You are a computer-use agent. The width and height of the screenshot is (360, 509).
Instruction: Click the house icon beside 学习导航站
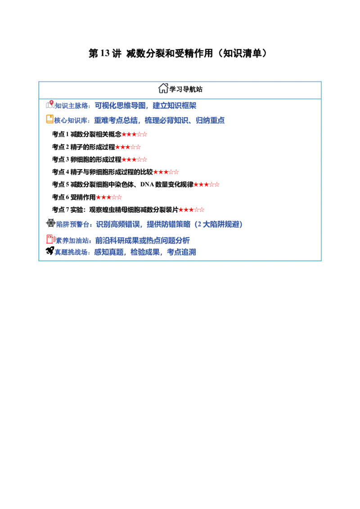pos(163,88)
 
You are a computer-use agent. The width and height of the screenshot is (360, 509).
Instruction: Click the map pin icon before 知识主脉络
pos(50,104)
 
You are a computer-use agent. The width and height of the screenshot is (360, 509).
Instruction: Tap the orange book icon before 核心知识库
pos(49,119)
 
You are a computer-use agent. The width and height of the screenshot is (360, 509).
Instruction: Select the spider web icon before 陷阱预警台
pos(51,223)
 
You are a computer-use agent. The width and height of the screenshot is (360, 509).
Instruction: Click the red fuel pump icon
pos(50,239)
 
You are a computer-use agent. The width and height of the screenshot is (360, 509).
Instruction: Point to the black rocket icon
pos(49,250)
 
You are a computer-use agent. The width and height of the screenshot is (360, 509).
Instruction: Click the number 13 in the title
pos(105,53)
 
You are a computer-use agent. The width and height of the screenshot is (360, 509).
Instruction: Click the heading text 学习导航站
pos(186,89)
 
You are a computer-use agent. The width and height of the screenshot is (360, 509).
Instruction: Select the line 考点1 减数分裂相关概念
pos(87,134)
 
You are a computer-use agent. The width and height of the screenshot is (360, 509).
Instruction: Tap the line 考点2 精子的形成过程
pos(84,147)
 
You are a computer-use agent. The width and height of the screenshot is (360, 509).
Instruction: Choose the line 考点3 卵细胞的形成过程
pos(87,159)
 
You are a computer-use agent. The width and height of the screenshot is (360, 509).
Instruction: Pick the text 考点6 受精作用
pos(74,197)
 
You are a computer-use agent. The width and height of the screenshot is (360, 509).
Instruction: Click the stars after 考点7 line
pos(191,210)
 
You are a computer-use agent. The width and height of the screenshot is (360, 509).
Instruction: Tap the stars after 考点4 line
pos(166,172)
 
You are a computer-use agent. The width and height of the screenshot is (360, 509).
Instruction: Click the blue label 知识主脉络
pos(72,106)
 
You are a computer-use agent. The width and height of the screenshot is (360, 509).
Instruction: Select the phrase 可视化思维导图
pos(120,106)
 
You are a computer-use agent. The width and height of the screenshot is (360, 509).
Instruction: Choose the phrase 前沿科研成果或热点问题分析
pos(142,241)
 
